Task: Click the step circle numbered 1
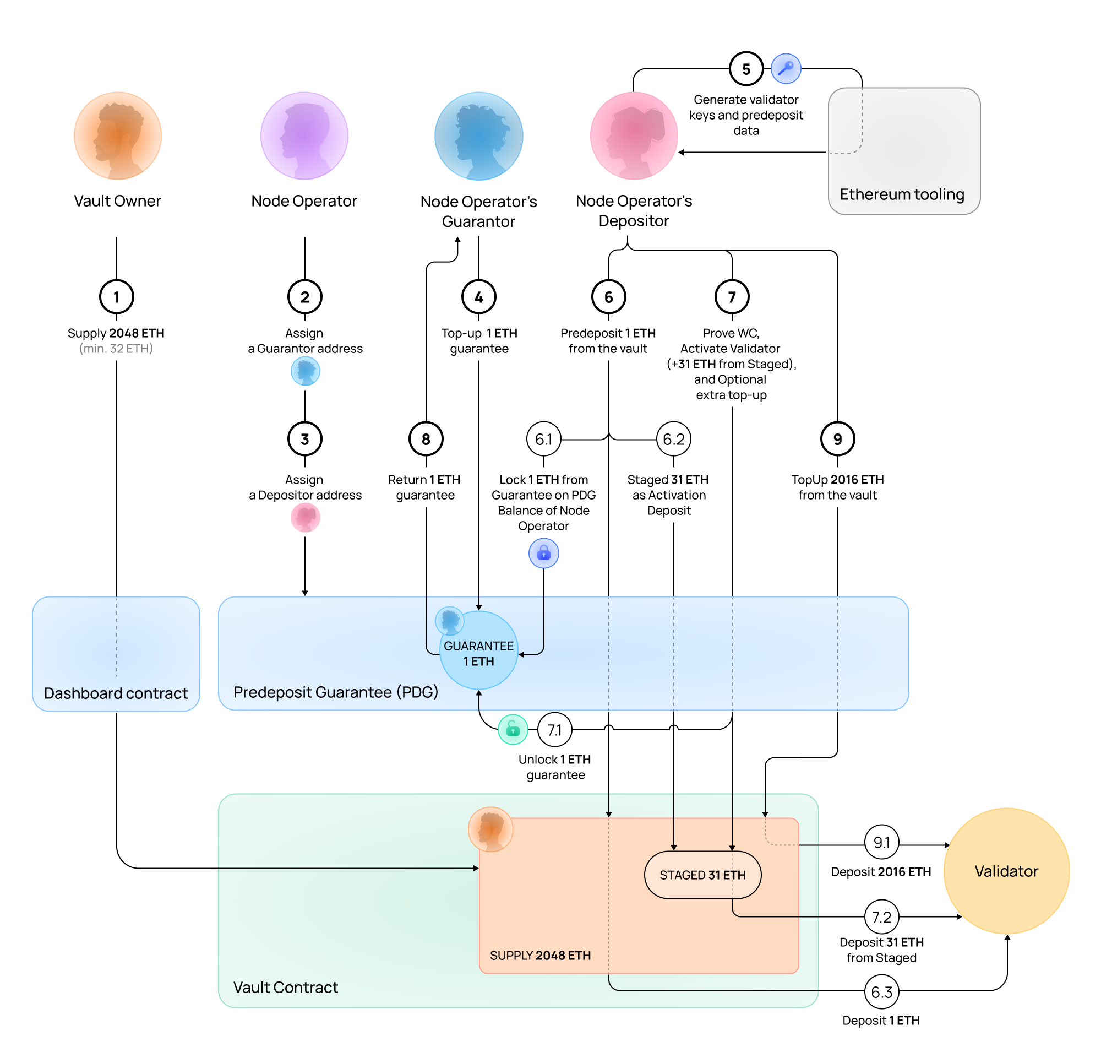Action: [117, 297]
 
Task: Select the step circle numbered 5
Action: [746, 69]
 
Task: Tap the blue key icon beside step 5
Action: [786, 69]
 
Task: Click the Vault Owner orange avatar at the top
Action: [118, 136]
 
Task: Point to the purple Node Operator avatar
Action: [304, 136]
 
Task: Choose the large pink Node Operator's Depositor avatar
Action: [634, 136]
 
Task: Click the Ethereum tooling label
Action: [902, 194]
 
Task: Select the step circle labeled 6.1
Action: [544, 439]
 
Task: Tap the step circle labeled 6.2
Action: [673, 439]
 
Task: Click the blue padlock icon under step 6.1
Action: [544, 554]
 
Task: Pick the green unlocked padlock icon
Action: [513, 730]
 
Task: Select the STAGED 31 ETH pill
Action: [702, 875]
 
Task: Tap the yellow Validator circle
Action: [1006, 871]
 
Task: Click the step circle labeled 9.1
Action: [881, 843]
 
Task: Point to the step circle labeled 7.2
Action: [881, 918]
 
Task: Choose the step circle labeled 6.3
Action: [881, 992]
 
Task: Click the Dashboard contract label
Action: [116, 693]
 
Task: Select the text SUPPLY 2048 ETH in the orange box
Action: [540, 956]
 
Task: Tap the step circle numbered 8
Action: [426, 439]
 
